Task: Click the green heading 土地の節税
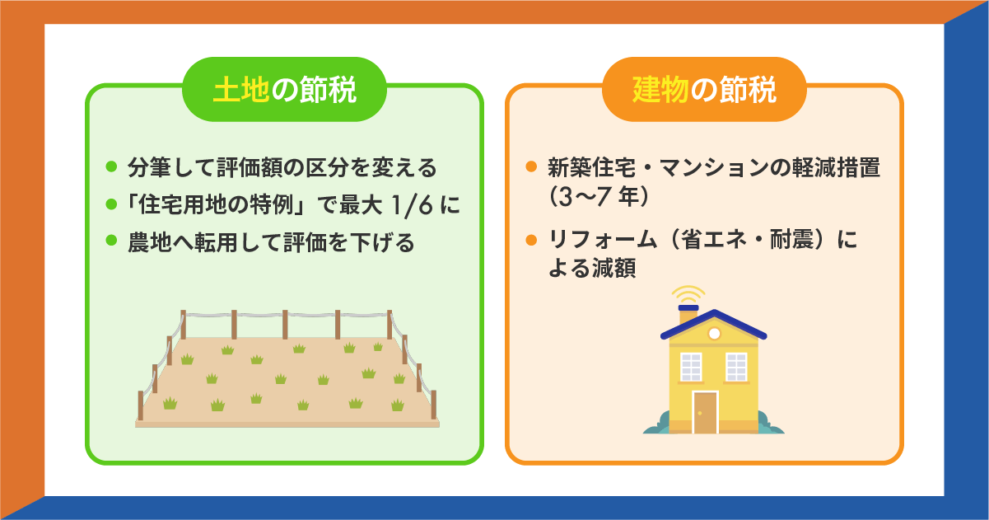tap(284, 90)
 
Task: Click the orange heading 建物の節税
tap(704, 90)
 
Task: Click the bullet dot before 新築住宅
tap(532, 167)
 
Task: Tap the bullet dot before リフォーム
tap(532, 241)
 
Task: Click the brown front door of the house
tap(705, 412)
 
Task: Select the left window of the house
tap(690, 365)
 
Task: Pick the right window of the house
tap(736, 365)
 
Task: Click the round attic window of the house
tap(714, 333)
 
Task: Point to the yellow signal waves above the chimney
tap(688, 293)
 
